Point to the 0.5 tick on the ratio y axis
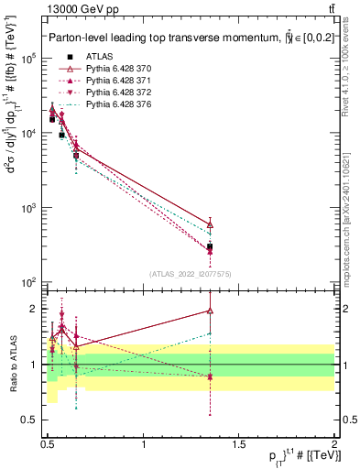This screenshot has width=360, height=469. point(29,420)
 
